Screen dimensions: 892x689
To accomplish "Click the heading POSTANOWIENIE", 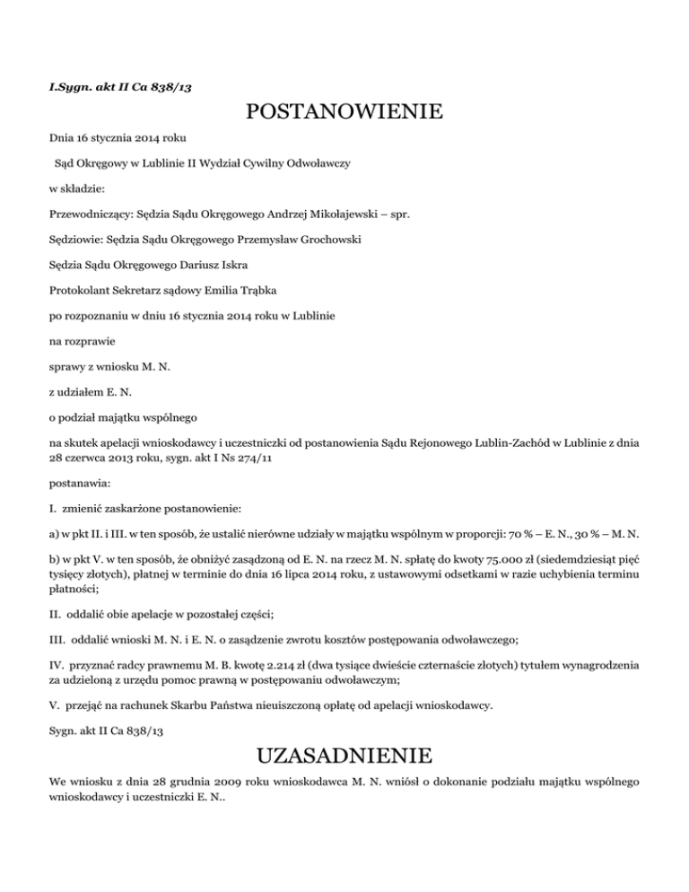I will coord(344,113).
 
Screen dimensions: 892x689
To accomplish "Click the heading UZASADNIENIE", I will coord(344,753).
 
